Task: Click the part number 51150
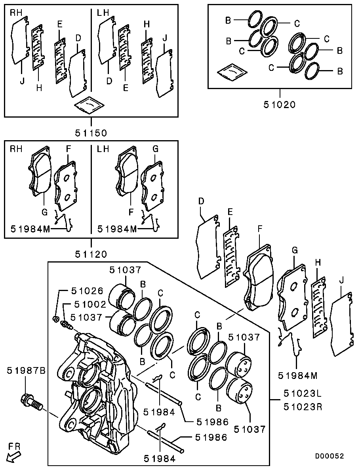click(x=91, y=131)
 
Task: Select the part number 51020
click(x=280, y=105)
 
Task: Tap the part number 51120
click(x=91, y=253)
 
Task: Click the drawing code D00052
click(x=330, y=456)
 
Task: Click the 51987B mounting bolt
click(x=30, y=401)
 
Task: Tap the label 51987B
click(x=26, y=371)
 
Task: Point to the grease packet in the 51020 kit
click(x=232, y=72)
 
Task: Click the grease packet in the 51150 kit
click(x=90, y=105)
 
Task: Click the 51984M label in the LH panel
click(x=118, y=229)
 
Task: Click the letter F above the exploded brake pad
click(x=260, y=229)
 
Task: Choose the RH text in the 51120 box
click(x=16, y=149)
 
